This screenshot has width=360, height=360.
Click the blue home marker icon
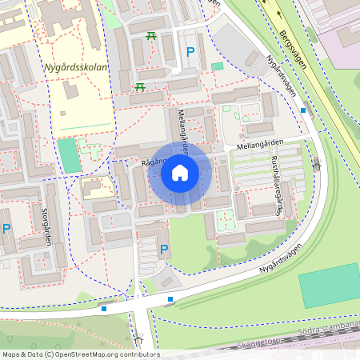[x=180, y=173]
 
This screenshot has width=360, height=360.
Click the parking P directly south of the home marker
[x=164, y=250]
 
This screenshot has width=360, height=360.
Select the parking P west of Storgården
[x=6, y=229]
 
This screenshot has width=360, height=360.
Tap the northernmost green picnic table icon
[x=150, y=36]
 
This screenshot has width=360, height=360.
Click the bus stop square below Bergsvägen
[x=302, y=111]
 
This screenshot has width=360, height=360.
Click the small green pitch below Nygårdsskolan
[x=70, y=156]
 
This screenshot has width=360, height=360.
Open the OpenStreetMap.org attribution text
[x=80, y=354]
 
